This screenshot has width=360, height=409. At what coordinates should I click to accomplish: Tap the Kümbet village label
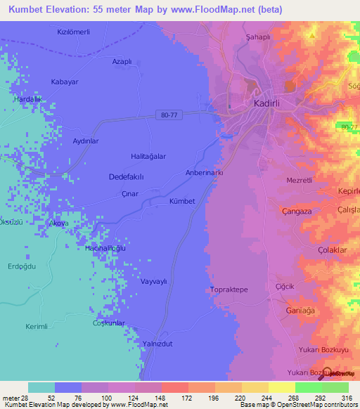click(181, 201)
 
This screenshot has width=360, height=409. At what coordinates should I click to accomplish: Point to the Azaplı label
click(122, 61)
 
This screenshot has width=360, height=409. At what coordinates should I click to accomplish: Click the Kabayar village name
click(64, 82)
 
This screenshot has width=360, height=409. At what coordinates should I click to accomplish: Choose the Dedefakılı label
click(127, 177)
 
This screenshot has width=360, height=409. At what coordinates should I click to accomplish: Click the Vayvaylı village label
click(154, 281)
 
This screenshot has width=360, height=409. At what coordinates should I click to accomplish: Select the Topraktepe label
click(229, 290)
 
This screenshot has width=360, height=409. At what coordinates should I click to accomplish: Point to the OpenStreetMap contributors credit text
click(297, 405)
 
